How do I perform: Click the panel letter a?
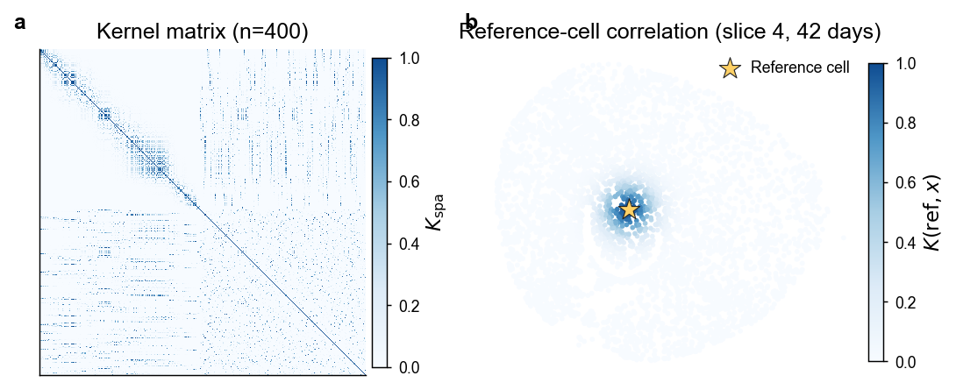[x=21, y=24]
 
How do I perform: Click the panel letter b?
[x=471, y=22]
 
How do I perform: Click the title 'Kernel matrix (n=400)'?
[x=203, y=35]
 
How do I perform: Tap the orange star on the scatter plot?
[x=629, y=209]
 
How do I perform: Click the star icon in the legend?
[x=730, y=68]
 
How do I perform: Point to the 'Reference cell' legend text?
[x=800, y=67]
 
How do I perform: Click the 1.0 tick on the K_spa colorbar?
[x=407, y=59]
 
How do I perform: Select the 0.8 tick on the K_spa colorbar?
[x=407, y=120]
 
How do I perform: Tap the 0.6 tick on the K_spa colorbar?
[x=407, y=182]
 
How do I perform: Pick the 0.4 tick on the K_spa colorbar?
[x=407, y=244]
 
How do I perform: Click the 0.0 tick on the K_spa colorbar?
[x=407, y=367]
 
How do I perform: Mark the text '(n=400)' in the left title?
[x=271, y=35]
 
